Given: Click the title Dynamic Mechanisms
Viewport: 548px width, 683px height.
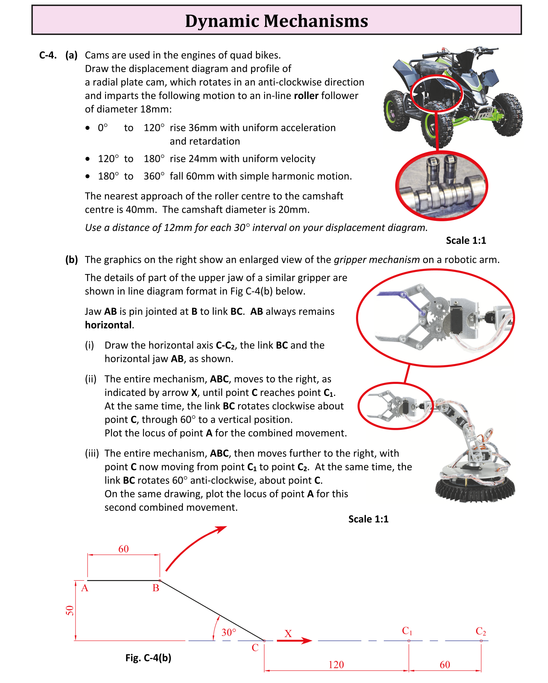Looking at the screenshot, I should pyautogui.click(x=276, y=21).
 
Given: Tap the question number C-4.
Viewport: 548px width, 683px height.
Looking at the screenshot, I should pyautogui.click(x=48, y=55).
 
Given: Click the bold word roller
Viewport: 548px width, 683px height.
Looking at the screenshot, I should pyautogui.click(x=306, y=95).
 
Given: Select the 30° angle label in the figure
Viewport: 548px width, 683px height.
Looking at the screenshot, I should pyautogui.click(x=229, y=632).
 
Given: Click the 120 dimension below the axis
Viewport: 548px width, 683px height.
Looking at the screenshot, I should pyautogui.click(x=336, y=664).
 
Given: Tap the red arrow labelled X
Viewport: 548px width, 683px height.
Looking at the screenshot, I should pyautogui.click(x=294, y=640).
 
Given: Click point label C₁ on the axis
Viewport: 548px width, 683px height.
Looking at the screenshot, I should pyautogui.click(x=407, y=631).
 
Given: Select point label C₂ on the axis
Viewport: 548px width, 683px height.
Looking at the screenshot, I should pyautogui.click(x=480, y=631).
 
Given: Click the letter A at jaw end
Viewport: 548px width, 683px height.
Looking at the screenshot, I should pyautogui.click(x=84, y=588).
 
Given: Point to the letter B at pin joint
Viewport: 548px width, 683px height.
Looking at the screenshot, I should pyautogui.click(x=156, y=588).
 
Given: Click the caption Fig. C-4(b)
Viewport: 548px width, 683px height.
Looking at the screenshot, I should pyautogui.click(x=148, y=658).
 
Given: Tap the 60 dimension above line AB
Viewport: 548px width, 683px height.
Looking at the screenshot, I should pyautogui.click(x=123, y=549).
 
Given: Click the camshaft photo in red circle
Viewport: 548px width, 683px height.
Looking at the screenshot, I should pyautogui.click(x=441, y=186).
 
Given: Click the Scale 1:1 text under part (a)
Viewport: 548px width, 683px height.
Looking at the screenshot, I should pyautogui.click(x=466, y=241).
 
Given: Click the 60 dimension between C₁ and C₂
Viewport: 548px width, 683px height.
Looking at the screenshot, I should pyautogui.click(x=445, y=664).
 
